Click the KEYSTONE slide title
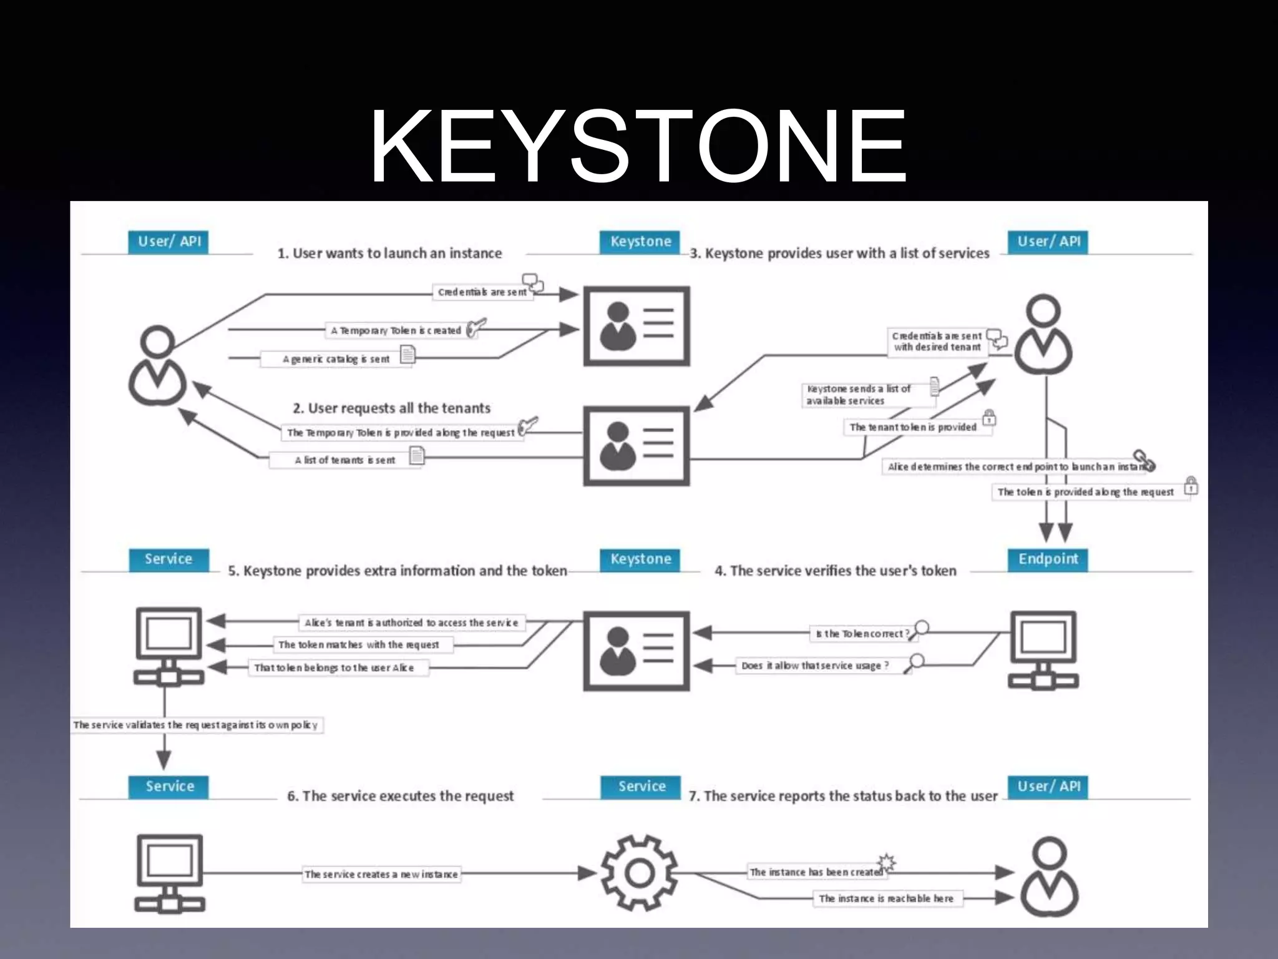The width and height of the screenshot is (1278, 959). [x=638, y=146]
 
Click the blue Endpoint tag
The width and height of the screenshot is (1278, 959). [x=1048, y=559]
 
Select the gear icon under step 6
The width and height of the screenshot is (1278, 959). [x=639, y=872]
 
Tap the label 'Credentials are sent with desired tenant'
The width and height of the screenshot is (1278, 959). [x=937, y=342]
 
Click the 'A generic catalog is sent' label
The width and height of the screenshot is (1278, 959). [x=336, y=359]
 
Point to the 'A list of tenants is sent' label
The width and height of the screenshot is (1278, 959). [x=345, y=460]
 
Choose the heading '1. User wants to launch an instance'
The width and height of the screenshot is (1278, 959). [x=389, y=253]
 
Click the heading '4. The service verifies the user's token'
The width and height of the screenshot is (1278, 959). [x=835, y=571]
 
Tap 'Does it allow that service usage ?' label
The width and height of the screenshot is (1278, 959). [x=815, y=666]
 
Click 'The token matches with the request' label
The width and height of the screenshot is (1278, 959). [x=359, y=644]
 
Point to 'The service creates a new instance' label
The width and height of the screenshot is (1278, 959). [x=381, y=874]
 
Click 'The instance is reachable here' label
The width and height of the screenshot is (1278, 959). [x=886, y=898]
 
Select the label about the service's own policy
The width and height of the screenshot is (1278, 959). [x=196, y=725]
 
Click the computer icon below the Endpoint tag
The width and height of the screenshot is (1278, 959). [x=1043, y=650]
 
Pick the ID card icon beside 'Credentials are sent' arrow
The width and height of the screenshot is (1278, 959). [x=637, y=326]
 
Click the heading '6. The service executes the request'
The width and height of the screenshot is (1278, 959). [x=400, y=796]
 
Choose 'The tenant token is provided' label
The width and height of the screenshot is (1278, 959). [x=913, y=427]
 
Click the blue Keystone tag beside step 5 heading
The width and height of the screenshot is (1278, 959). [x=640, y=559]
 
